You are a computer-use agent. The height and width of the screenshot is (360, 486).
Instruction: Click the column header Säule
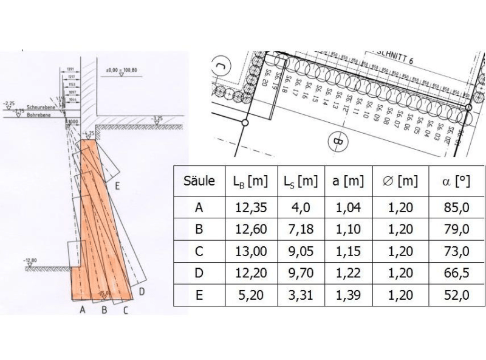point(199,181)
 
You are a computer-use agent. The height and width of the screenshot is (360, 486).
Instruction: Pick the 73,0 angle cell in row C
point(456,251)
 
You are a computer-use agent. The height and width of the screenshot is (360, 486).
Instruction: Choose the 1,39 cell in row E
point(347,295)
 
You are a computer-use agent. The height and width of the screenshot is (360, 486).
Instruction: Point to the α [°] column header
point(456,181)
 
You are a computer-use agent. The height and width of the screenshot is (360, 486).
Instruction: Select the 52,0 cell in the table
point(456,295)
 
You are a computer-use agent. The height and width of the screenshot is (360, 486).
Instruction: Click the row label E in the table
point(199,295)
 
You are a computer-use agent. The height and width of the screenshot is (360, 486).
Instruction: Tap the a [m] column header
point(347,181)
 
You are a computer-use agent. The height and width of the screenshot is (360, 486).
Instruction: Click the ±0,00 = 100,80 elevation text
point(122,71)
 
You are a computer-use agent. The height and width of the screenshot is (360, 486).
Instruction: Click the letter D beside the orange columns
point(142,292)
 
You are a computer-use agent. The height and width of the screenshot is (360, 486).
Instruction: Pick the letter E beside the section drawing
point(116,190)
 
